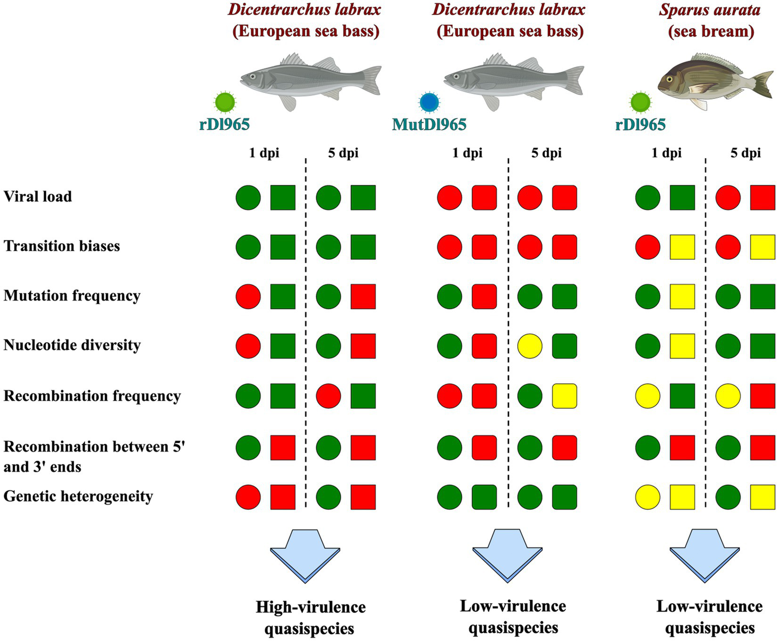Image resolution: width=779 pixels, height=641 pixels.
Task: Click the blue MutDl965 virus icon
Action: (429, 102)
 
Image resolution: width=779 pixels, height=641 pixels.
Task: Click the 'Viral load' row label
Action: (38, 196)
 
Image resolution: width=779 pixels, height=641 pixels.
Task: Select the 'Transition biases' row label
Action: (62, 246)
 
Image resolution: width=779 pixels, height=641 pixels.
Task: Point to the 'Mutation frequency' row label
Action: (72, 296)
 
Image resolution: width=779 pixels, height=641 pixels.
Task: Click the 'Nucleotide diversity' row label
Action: (72, 345)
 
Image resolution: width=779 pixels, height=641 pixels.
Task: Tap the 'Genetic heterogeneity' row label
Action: (78, 496)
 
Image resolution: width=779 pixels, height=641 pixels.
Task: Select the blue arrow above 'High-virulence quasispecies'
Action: (305, 555)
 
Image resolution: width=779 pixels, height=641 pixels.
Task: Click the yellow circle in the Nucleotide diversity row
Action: (530, 346)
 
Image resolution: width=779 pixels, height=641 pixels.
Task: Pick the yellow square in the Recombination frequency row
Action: (564, 396)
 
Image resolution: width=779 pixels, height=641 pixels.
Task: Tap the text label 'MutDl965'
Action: (429, 124)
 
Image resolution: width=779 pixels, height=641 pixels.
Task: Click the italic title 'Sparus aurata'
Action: (710, 10)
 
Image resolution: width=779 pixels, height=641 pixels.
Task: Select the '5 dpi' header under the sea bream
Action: (746, 153)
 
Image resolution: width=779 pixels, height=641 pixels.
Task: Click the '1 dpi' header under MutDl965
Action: (467, 153)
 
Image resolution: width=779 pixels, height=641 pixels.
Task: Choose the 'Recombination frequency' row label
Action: (92, 396)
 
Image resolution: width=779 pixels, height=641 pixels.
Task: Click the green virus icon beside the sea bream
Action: (640, 102)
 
